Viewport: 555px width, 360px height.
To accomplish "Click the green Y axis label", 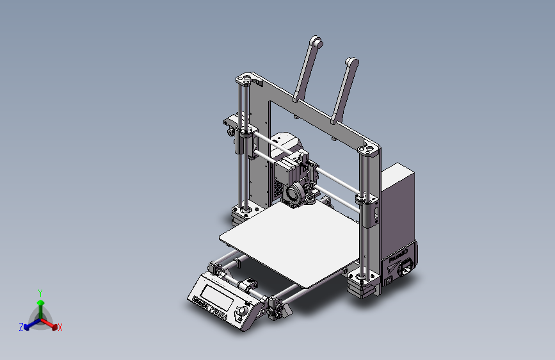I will click(x=40, y=292).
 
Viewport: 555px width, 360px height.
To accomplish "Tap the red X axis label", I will click(x=60, y=327).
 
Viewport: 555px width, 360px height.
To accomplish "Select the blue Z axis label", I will click(x=21, y=327).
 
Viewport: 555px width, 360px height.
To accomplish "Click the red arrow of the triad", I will click(x=52, y=323).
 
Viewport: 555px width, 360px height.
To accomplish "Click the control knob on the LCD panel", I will click(x=241, y=312).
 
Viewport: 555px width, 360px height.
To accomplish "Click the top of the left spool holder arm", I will click(x=316, y=42).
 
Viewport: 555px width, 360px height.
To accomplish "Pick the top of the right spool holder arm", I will click(x=351, y=61).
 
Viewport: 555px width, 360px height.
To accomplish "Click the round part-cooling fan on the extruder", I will click(x=297, y=192).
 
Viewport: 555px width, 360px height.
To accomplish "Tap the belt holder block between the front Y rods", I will click(x=246, y=284).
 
